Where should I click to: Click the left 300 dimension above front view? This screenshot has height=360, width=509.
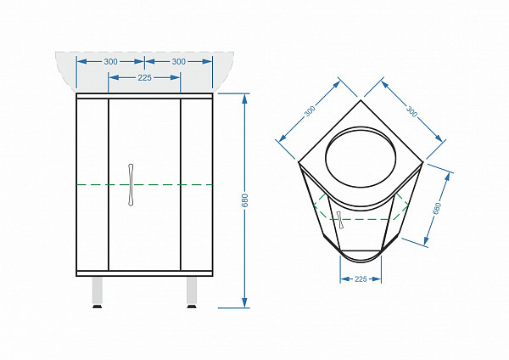click(110, 61)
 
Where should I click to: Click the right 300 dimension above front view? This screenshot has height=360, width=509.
click(179, 61)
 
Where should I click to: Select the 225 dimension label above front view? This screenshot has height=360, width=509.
click(144, 77)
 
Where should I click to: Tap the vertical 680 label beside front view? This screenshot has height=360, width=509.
click(245, 200)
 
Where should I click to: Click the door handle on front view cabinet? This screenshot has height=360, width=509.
click(131, 184)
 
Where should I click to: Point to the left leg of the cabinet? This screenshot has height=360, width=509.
click(98, 290)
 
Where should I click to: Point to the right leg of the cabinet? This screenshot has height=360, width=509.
click(192, 290)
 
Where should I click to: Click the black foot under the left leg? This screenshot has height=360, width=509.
click(98, 306)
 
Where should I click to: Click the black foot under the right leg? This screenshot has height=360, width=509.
click(192, 306)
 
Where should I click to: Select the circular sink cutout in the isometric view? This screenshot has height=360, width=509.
click(361, 157)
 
